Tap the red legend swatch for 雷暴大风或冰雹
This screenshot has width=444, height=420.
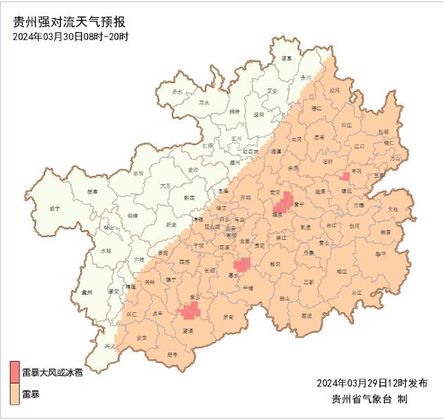coord(14,371)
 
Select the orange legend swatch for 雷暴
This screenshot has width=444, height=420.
coord(14,394)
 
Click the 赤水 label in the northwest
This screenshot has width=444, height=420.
coord(177,92)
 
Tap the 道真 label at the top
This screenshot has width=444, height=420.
coord(286,58)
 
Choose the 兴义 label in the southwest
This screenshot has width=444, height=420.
coord(110,346)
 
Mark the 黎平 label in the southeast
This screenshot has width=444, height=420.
coord(380,253)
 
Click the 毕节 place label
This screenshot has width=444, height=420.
coord(138,172)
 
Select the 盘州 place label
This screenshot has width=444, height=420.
coord(87,291)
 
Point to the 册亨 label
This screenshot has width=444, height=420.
coord(173,355)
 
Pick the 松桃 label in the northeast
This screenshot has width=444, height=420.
coord(383,132)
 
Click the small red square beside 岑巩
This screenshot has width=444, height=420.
coord(345,175)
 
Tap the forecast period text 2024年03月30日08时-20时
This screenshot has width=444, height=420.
coord(70,36)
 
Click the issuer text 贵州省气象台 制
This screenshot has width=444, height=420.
coord(369,399)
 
